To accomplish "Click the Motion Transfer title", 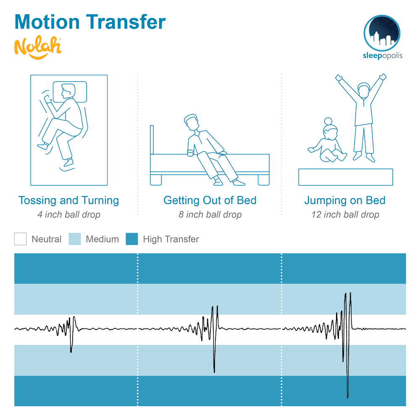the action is point(90,22).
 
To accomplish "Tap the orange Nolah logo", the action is point(38,47).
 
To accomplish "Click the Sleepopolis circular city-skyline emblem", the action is point(382,33).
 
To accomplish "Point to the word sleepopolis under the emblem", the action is point(383,55).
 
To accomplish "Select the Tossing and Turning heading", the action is point(68,201).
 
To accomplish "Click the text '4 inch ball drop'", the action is point(69,215).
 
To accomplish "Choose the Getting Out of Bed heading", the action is point(210,200).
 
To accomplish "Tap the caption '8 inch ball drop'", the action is point(210,215).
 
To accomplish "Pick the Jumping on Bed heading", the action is point(345,201).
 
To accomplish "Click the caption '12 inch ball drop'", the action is point(345,215).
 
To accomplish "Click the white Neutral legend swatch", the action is point(20,239).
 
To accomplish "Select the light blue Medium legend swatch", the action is point(75,239).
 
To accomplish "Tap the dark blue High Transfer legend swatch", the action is point(132,239).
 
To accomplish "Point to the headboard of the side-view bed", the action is point(152,140).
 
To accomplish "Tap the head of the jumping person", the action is point(364,90).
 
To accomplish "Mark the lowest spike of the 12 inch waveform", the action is point(348,397).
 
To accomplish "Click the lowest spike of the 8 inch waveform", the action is point(214,372).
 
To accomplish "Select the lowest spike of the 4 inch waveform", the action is point(71,352).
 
